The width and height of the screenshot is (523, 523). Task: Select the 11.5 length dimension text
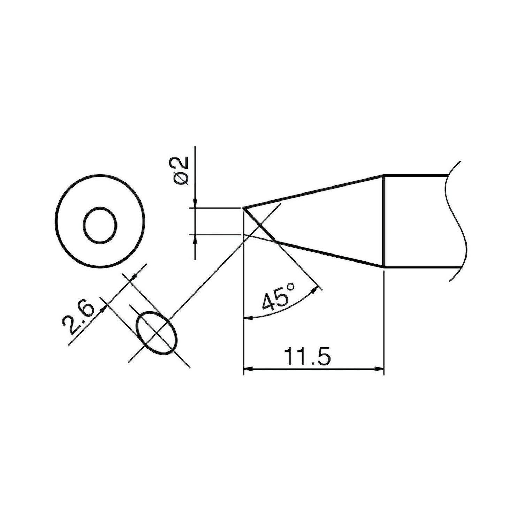307,356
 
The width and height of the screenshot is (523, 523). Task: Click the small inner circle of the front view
100,225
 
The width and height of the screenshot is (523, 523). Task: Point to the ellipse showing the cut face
158,333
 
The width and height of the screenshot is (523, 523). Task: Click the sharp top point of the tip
244,209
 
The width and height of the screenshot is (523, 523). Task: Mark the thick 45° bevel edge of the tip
260,225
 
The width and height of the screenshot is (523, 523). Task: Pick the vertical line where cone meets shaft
384,221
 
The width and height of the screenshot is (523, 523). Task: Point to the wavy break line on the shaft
457,221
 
